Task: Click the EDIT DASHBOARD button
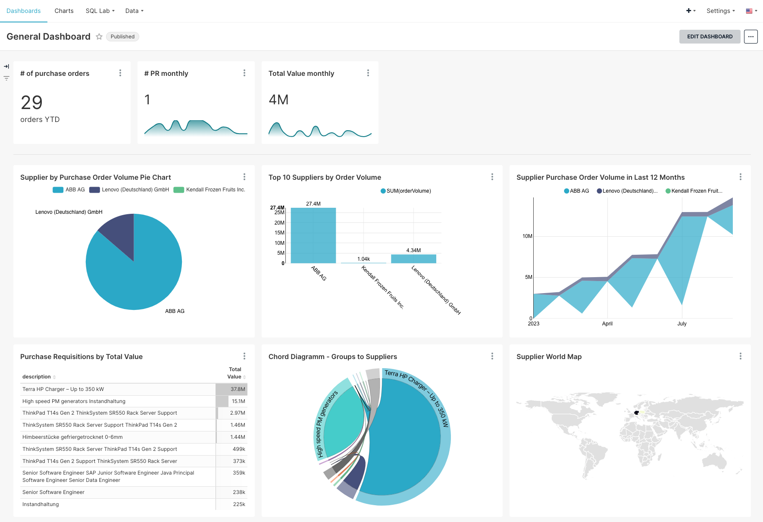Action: tap(710, 37)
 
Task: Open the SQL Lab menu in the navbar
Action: tap(100, 11)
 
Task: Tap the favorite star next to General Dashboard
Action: tap(99, 37)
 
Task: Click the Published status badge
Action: tap(122, 37)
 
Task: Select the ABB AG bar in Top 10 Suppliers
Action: tap(313, 235)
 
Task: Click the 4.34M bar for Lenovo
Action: tap(413, 259)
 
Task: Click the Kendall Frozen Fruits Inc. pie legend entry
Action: tap(210, 190)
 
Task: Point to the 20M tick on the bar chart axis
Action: tap(279, 223)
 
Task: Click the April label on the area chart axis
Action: tap(607, 324)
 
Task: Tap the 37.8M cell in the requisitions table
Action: tap(238, 389)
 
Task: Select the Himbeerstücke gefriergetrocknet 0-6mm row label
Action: tap(72, 437)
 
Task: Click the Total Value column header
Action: tap(235, 373)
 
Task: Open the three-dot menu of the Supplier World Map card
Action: tap(740, 356)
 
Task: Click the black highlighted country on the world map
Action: tap(636, 413)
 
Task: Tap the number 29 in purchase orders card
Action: tap(32, 103)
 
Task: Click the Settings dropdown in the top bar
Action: tap(720, 11)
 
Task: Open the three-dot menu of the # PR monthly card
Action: tap(244, 73)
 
